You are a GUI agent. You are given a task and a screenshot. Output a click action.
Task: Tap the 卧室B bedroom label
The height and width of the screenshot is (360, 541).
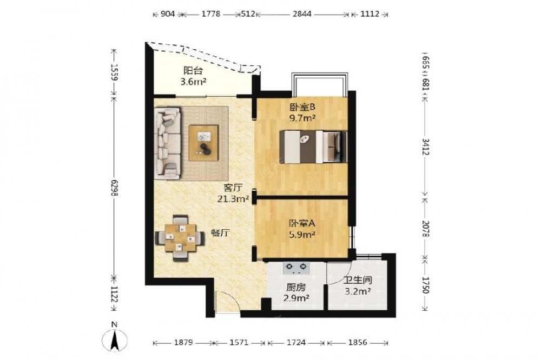tap(302, 107)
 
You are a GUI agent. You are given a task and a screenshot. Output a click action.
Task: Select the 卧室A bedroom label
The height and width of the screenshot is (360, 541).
tap(302, 223)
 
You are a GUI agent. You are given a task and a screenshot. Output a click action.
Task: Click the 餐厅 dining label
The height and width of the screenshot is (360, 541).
tap(220, 233)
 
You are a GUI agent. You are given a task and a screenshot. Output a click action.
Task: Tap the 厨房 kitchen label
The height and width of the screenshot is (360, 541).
tap(296, 286)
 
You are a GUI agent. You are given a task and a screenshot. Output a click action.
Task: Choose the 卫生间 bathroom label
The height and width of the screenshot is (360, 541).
tap(358, 281)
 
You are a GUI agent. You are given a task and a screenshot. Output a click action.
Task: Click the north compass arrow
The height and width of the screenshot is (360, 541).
tap(115, 340)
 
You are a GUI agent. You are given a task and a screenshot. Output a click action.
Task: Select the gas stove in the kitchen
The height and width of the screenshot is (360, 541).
tap(296, 268)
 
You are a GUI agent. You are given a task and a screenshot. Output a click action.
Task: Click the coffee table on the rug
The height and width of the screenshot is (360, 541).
tap(203, 143)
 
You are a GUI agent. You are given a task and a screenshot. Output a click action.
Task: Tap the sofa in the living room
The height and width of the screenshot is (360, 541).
tap(168, 143)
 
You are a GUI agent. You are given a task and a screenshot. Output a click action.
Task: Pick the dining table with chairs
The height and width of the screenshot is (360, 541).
tap(180, 238)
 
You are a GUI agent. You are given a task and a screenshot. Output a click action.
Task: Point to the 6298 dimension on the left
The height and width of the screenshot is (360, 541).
tap(114, 189)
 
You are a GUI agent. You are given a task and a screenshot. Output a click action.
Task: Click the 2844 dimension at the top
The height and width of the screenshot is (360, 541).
tap(302, 14)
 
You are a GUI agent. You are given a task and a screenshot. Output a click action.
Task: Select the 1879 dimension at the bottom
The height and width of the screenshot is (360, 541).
tap(183, 343)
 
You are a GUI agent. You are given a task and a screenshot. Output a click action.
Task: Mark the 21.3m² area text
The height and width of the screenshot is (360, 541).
tap(233, 199)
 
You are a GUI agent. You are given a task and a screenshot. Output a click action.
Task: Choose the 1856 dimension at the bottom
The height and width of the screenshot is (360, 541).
tap(358, 343)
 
